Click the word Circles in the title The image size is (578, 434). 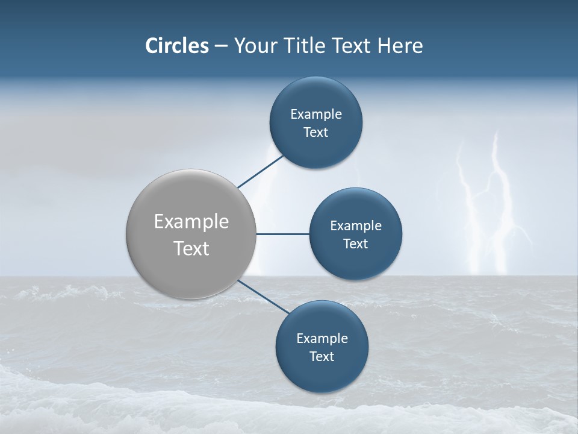click(x=176, y=46)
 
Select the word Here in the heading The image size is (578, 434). click(x=400, y=46)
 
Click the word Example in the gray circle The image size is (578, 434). click(x=191, y=222)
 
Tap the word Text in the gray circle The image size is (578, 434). click(x=191, y=248)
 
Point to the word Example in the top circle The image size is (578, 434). click(x=315, y=115)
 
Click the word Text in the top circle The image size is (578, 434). click(x=315, y=133)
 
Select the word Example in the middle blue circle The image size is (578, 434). click(x=355, y=226)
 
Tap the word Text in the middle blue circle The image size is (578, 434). click(x=355, y=244)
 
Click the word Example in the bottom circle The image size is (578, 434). click(x=322, y=339)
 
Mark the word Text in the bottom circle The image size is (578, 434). click(x=322, y=357)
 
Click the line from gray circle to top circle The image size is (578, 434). click(x=261, y=171)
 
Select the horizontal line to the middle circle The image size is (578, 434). click(x=283, y=234)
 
